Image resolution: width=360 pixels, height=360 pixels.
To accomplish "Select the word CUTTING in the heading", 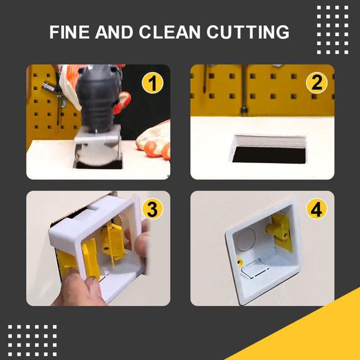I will point(252,32).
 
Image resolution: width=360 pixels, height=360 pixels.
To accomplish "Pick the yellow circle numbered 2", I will point(317,84).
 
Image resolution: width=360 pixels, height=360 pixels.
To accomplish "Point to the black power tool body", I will point(97,94).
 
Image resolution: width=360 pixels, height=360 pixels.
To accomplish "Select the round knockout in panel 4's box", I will point(246,238).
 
